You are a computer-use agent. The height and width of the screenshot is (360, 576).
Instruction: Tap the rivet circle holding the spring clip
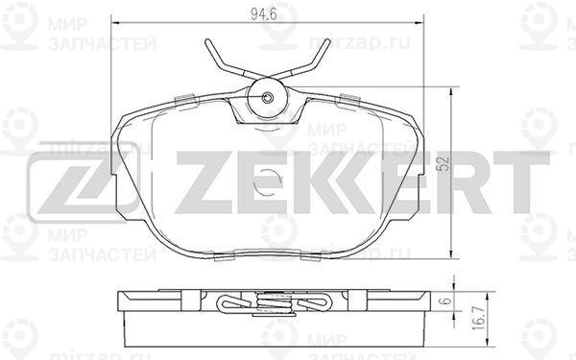point(268,96)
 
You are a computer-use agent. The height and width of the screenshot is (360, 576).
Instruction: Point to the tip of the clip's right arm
point(327,41)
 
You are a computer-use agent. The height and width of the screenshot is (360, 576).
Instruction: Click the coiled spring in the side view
point(267,303)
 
